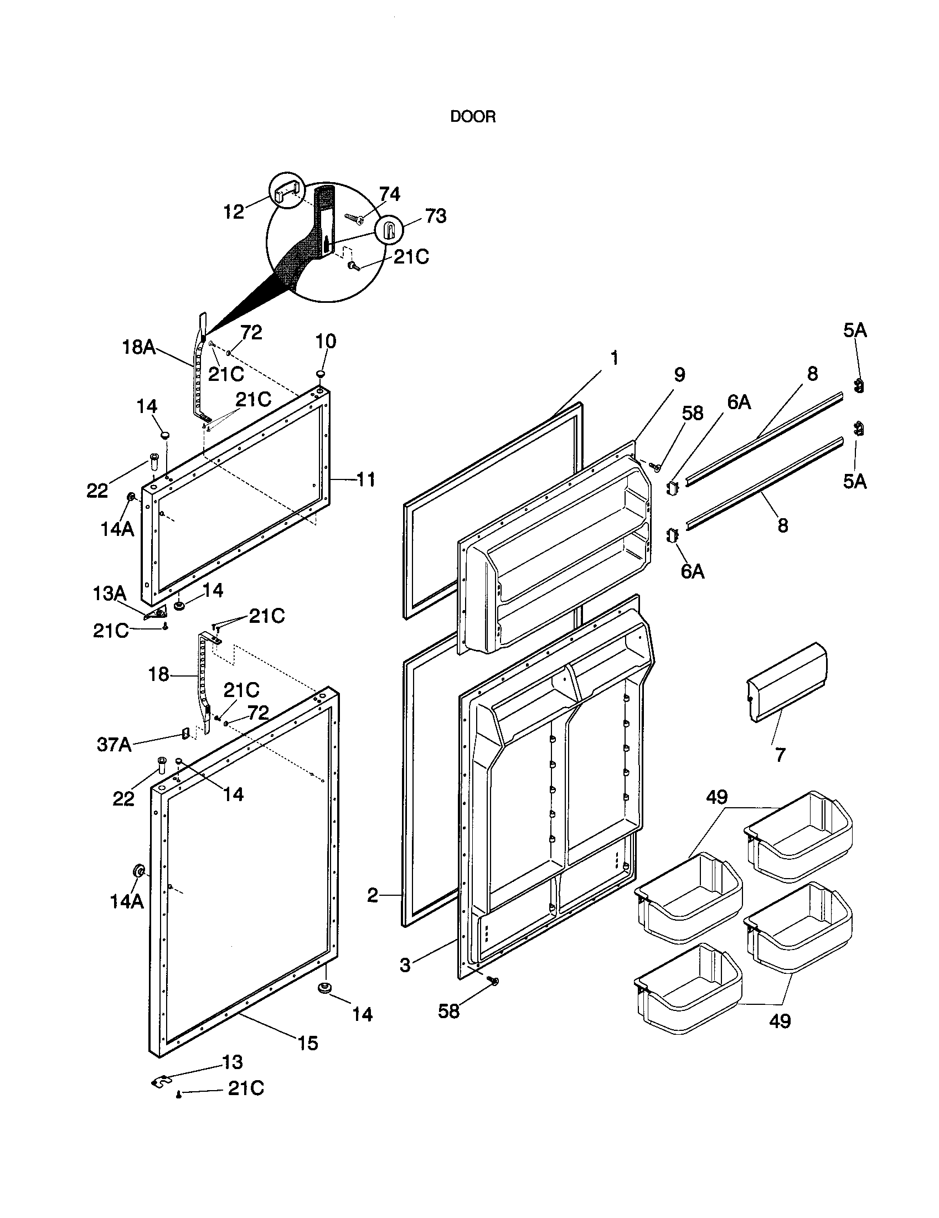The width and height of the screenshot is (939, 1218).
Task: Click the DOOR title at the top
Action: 472,117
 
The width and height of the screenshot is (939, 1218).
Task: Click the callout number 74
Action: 389,194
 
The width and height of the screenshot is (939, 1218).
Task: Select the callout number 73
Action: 436,216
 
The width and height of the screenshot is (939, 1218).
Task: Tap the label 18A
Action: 138,348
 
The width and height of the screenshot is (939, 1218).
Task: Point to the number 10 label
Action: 326,341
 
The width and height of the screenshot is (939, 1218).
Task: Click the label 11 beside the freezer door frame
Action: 365,479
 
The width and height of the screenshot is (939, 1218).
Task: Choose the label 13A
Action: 109,593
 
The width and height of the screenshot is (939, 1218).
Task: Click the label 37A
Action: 113,745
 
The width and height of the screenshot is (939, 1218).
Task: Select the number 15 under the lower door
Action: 308,1042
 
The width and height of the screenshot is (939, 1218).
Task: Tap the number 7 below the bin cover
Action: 780,755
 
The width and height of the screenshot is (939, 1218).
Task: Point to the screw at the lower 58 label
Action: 492,980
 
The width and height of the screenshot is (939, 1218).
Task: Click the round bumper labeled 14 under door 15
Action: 323,988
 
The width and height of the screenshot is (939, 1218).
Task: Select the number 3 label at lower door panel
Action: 405,965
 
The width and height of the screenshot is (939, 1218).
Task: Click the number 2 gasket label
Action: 373,896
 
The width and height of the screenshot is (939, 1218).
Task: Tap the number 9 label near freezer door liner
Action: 679,375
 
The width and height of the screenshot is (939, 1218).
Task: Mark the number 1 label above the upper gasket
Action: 614,358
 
